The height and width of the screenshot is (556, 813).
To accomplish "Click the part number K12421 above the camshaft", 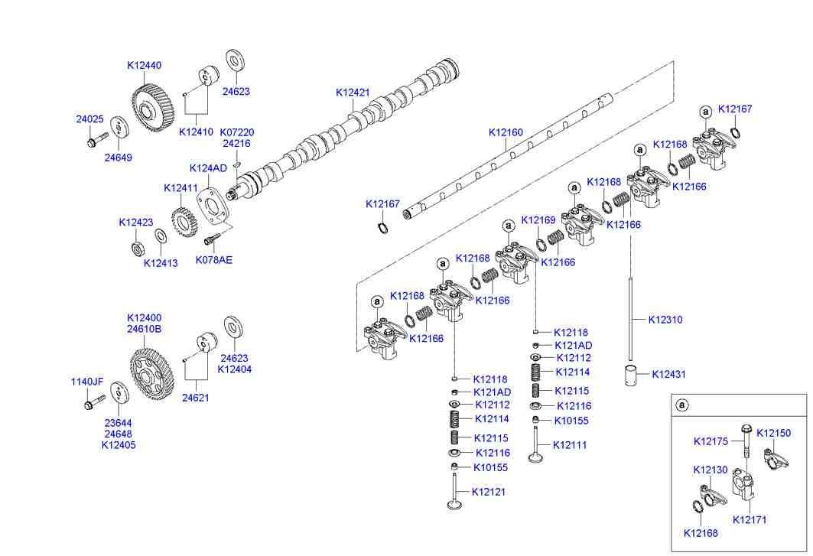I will coord(353,93).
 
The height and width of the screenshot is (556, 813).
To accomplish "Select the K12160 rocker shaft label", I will coord(506,133).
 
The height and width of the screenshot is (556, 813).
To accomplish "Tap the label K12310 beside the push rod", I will coord(665,320).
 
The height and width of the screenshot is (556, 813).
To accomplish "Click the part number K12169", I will coord(538,220).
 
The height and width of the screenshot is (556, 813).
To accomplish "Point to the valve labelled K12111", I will coord(537,444).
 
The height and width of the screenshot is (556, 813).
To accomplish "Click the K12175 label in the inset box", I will coord(711,441).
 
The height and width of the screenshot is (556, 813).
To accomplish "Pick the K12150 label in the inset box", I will coord(773,433).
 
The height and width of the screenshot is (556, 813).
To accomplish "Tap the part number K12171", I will coord(750,520).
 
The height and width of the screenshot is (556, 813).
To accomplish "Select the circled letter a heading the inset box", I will coord(683,405).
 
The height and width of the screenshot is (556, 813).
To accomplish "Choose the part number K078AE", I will coord(213,260).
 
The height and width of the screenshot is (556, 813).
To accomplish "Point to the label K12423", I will coord(135,223).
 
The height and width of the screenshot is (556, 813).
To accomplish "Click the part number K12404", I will coord(234,369).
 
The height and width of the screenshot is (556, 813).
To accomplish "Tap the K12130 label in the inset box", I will coord(711,470).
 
